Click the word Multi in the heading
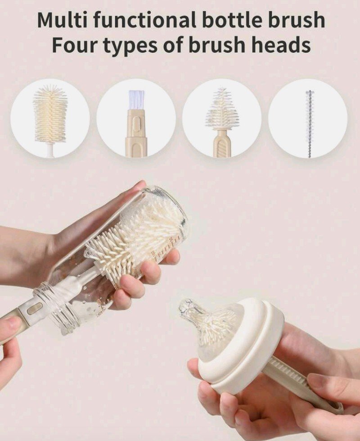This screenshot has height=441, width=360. (x=61, y=20)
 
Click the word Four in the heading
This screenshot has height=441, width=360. (x=74, y=45)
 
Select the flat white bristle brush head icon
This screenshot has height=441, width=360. (x=136, y=99)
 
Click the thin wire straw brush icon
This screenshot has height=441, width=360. (x=309, y=124)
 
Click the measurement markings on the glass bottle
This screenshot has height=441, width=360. (x=169, y=242)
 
